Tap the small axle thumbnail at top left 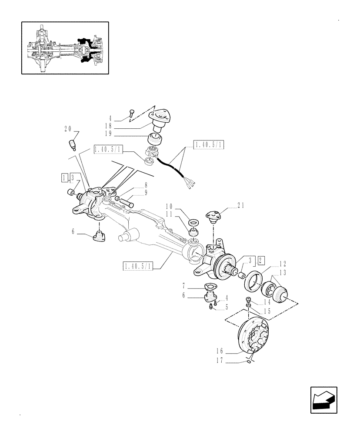point(65,48)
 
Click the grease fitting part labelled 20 point(73,144)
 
